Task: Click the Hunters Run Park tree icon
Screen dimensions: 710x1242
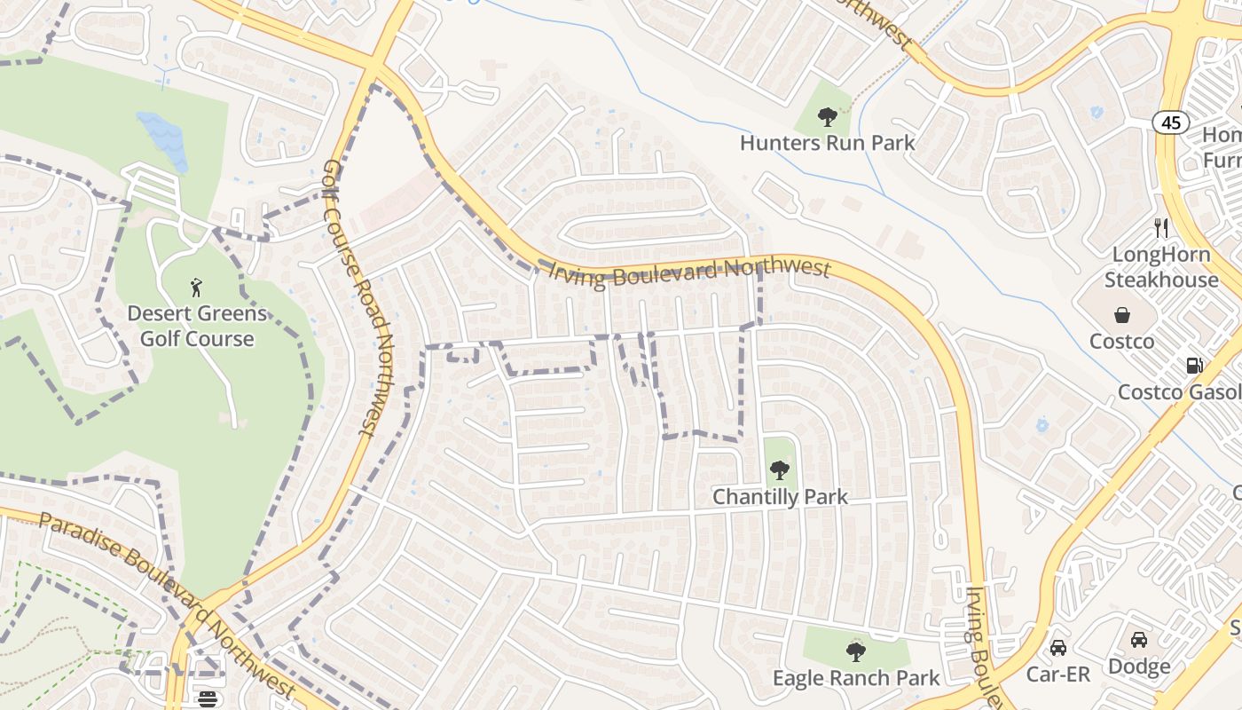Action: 827,115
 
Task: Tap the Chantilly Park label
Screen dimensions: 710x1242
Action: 780,497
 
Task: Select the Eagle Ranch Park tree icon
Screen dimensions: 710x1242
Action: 855,652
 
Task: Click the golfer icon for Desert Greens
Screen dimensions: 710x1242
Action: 196,287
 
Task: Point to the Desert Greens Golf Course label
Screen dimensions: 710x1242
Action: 196,326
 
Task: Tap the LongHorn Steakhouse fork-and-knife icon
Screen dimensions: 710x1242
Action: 1161,228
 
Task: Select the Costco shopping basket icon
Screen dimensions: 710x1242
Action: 1122,315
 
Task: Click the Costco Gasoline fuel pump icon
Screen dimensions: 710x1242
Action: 1194,366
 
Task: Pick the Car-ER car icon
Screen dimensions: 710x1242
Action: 1057,647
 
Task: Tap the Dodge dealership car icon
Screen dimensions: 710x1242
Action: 1139,640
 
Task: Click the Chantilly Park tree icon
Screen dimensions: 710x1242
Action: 779,469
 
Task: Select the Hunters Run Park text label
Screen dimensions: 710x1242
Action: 827,143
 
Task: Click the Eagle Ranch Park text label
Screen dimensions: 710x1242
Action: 855,679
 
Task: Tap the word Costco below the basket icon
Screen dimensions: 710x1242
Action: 1121,342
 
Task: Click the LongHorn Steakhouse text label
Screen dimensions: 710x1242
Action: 1161,267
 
